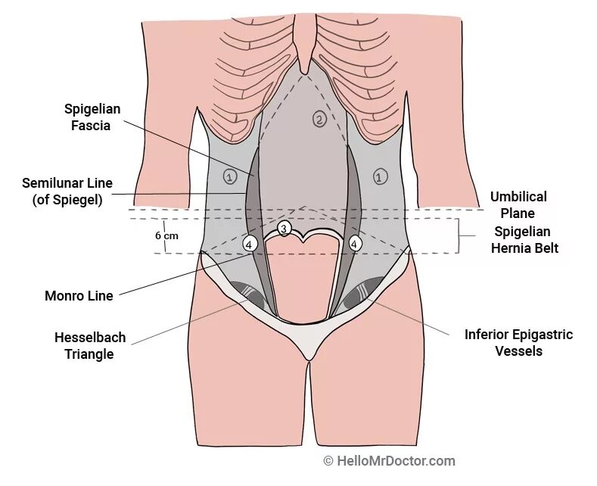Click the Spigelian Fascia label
point(91,117)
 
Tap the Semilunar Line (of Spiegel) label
point(67,192)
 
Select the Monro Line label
point(79,296)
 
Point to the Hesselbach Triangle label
point(89,345)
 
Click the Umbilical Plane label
point(518,205)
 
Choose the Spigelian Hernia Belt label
point(527,239)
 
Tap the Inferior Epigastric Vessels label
point(518,342)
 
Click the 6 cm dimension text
point(166,235)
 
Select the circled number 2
point(319,119)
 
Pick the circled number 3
point(284,228)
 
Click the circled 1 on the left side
point(230,176)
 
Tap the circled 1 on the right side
point(380,176)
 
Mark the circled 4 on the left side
point(250,244)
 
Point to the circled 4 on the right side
point(354,244)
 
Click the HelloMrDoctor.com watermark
point(395,460)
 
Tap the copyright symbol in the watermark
point(328,460)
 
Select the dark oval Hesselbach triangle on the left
point(247,294)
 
